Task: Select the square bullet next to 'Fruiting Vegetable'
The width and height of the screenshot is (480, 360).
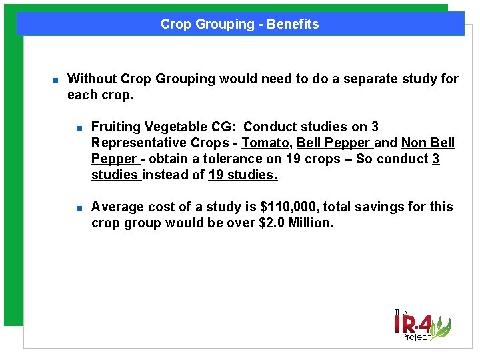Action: point(78,127)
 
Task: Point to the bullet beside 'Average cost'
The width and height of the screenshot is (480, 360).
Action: point(78,207)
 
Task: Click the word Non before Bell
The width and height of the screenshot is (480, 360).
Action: point(413,143)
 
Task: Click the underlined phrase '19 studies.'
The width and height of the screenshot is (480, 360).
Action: point(243,175)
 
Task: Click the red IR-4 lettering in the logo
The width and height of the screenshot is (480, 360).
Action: point(413,325)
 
